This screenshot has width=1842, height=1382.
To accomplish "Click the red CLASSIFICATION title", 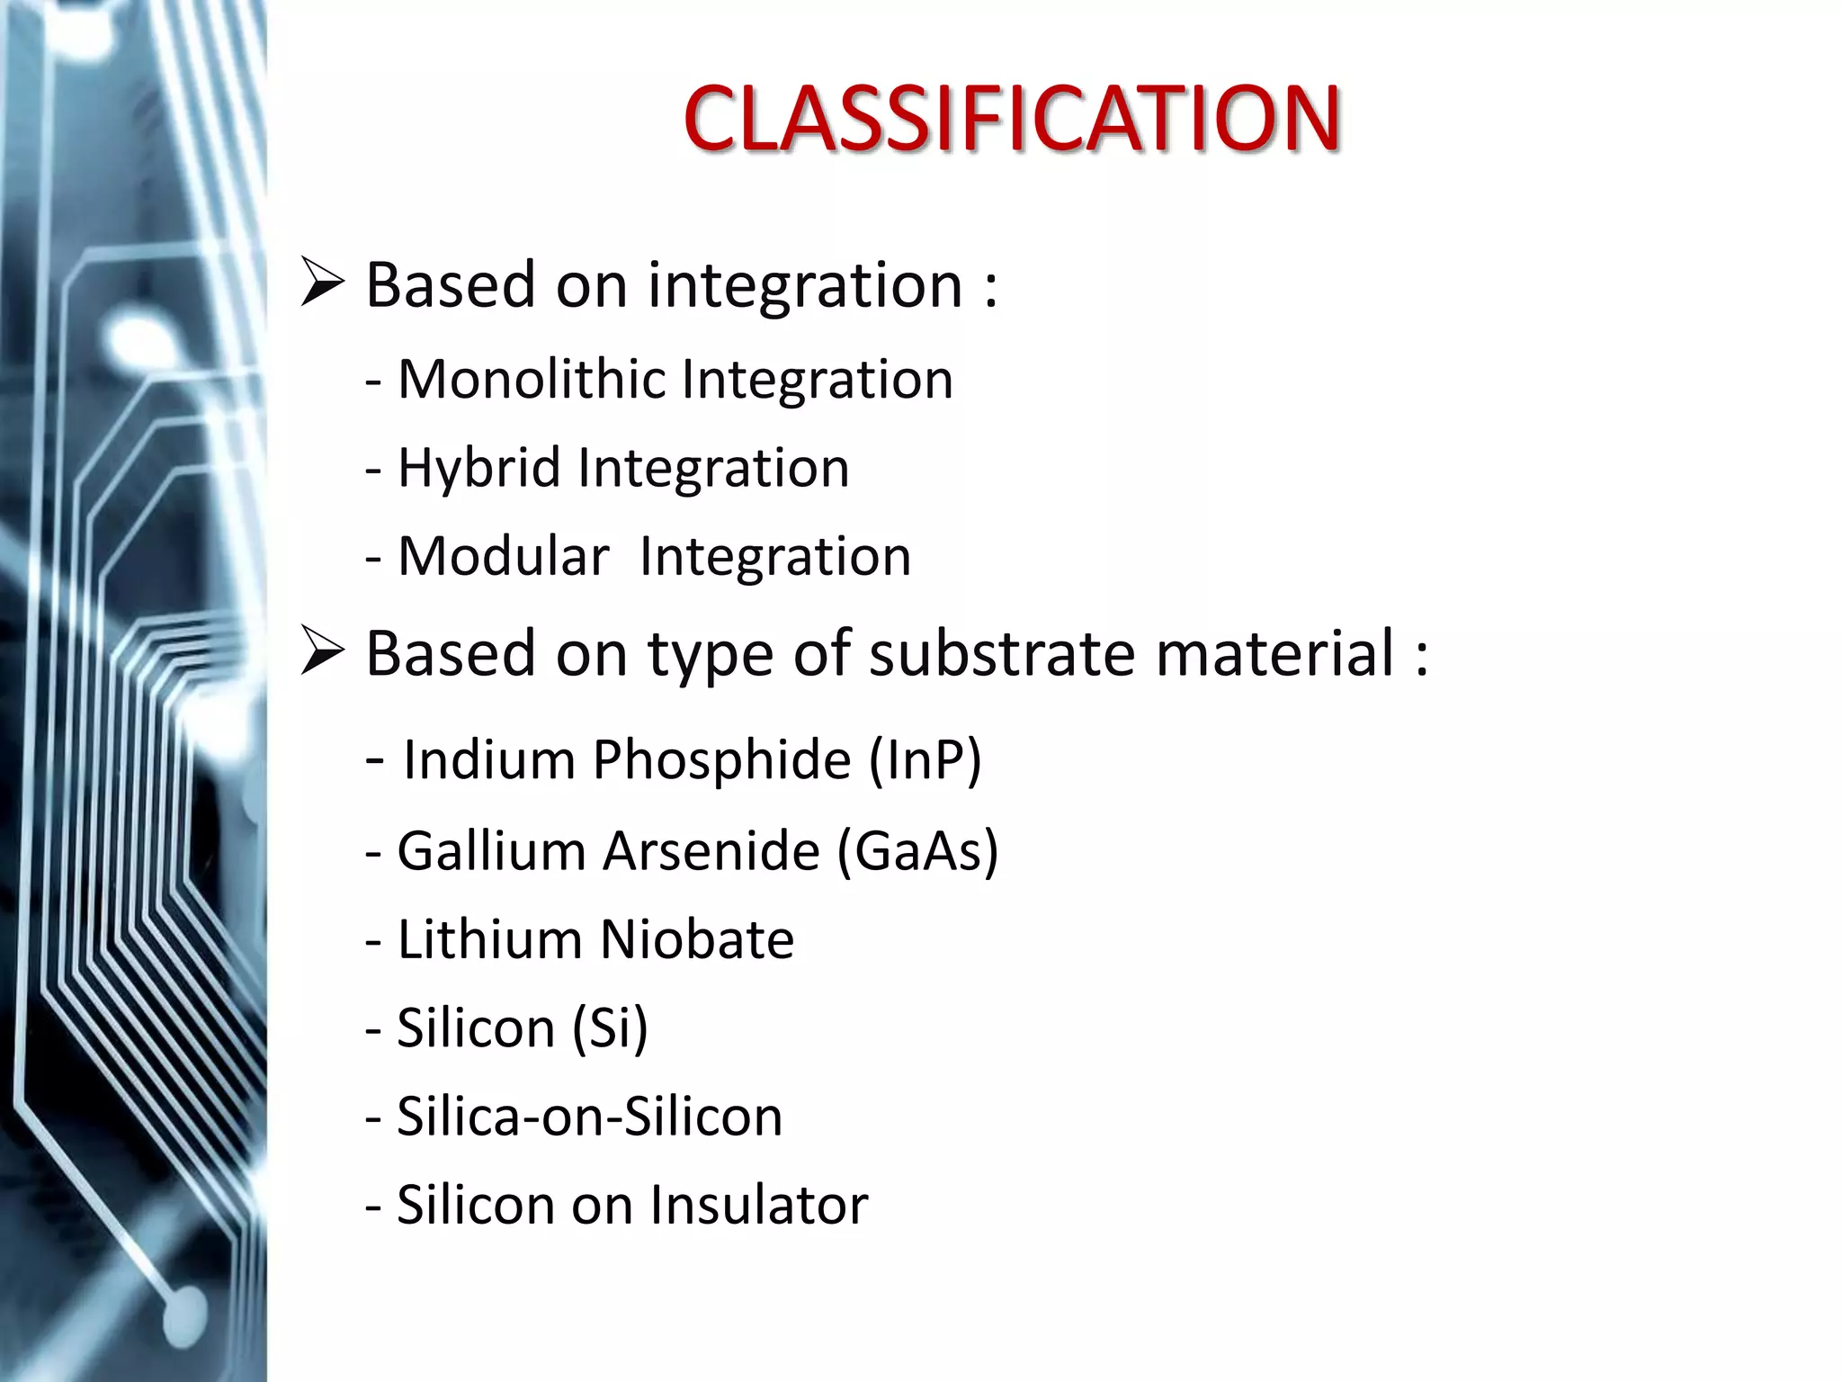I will click(x=1011, y=119).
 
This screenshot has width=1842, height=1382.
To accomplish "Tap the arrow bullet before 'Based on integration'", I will click(x=322, y=283).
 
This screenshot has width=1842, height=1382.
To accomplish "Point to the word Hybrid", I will click(x=478, y=468).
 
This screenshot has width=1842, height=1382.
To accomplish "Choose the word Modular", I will click(x=504, y=556).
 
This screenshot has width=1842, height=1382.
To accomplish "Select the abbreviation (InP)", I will click(x=925, y=759).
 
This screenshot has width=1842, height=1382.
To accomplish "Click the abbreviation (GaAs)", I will click(x=917, y=850).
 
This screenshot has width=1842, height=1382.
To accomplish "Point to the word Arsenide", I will click(x=711, y=850).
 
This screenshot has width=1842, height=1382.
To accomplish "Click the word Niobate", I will click(x=696, y=939).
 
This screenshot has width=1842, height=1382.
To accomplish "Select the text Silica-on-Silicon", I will click(x=590, y=1117).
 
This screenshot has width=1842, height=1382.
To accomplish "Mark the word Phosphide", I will click(x=721, y=759).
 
